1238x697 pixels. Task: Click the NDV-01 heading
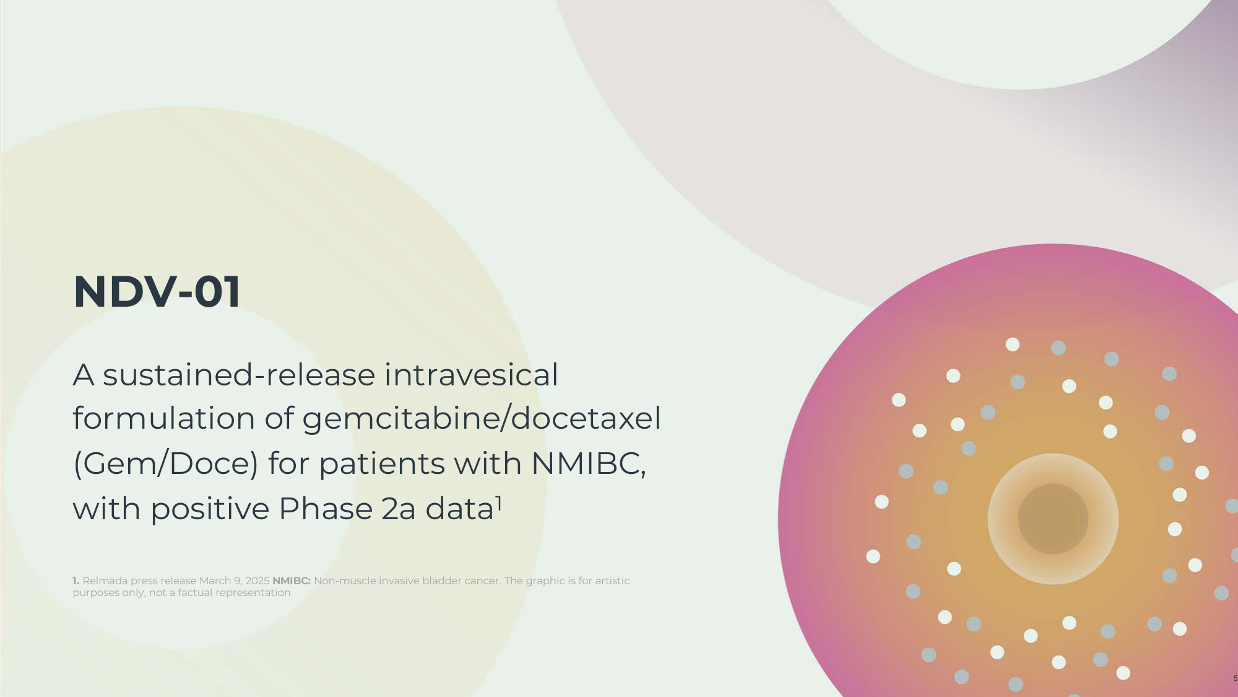coord(157,292)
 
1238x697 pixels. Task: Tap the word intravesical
coord(471,375)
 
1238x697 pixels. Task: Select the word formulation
coord(164,418)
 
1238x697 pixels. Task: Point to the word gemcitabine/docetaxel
coord(482,419)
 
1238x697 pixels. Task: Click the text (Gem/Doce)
coord(165,464)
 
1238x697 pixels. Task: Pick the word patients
coord(382,464)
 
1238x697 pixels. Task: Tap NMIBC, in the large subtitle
coord(589,464)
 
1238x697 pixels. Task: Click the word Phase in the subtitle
coord(326,509)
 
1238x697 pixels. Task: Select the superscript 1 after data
coord(499,504)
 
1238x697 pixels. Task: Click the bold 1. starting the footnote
coord(76,581)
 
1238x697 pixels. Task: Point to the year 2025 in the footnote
coord(258,581)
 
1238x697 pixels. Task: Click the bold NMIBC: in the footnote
coord(292,581)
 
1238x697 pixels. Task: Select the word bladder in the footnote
coord(441,581)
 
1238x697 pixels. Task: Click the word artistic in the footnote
coord(612,581)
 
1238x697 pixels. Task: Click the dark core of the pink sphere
coord(1053,519)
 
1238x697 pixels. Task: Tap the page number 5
coord(1235,678)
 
